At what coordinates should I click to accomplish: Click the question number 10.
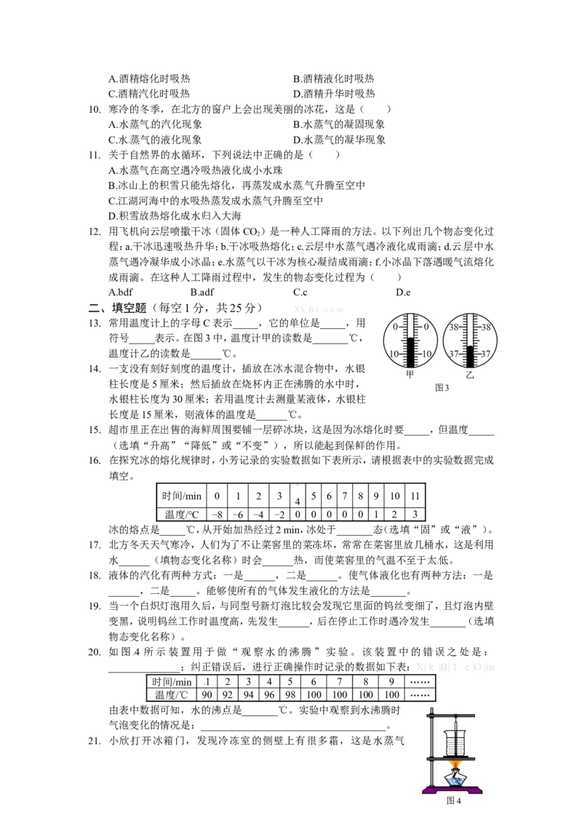[95, 109]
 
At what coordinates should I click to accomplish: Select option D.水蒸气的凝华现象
[339, 140]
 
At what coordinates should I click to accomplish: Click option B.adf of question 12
[202, 292]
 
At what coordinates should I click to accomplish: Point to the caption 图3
[442, 388]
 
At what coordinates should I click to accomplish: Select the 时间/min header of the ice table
[182, 496]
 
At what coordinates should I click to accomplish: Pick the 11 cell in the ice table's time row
[415, 496]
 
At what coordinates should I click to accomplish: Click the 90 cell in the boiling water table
[207, 694]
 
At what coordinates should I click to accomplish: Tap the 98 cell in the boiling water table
[290, 694]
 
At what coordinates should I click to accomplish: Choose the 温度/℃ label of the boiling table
[171, 694]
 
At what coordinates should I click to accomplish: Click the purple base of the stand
[453, 789]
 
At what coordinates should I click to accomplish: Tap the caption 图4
[453, 801]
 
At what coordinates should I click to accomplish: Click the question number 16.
[95, 460]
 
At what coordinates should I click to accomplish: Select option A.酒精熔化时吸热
[149, 79]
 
